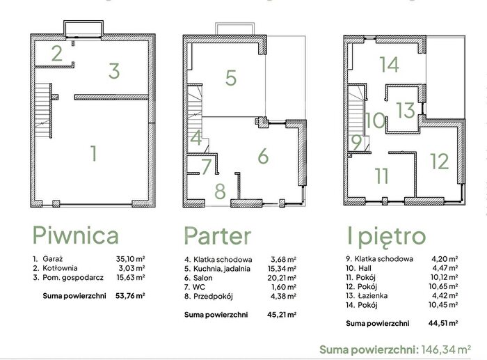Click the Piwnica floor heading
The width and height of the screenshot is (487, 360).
point(75,235)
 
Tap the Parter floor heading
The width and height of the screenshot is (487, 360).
point(217,235)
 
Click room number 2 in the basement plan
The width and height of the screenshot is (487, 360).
point(57,53)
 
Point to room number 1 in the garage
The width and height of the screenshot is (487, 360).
point(94,153)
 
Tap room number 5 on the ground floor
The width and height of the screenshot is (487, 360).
point(231,78)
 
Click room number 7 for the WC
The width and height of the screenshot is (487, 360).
point(206,166)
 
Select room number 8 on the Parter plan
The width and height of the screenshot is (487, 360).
point(221,191)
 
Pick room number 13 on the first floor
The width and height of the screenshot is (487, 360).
point(406,110)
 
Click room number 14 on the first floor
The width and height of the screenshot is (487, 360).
point(389,65)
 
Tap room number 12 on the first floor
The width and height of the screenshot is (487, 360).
point(440,162)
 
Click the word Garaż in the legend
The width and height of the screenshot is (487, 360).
point(53,259)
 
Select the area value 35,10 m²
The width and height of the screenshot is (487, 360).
point(131,259)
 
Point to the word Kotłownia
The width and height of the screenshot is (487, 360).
point(60,268)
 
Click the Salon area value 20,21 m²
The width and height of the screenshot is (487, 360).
point(282,278)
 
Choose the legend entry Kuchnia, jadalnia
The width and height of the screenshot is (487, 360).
point(222,269)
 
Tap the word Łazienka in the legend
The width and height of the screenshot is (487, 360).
point(372,296)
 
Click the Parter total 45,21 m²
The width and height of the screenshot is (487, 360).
point(282,315)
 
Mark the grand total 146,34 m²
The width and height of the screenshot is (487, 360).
point(446,350)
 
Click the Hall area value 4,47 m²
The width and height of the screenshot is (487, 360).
point(445,268)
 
